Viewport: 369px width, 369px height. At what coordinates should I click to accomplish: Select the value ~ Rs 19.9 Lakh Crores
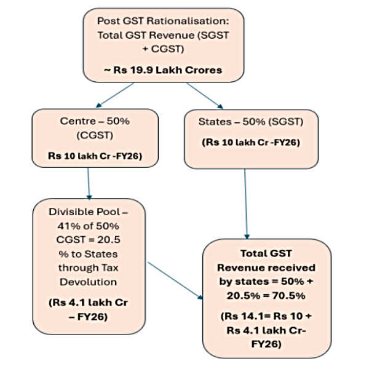click(x=164, y=69)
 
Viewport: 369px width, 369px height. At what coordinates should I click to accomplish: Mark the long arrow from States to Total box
click(x=247, y=203)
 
